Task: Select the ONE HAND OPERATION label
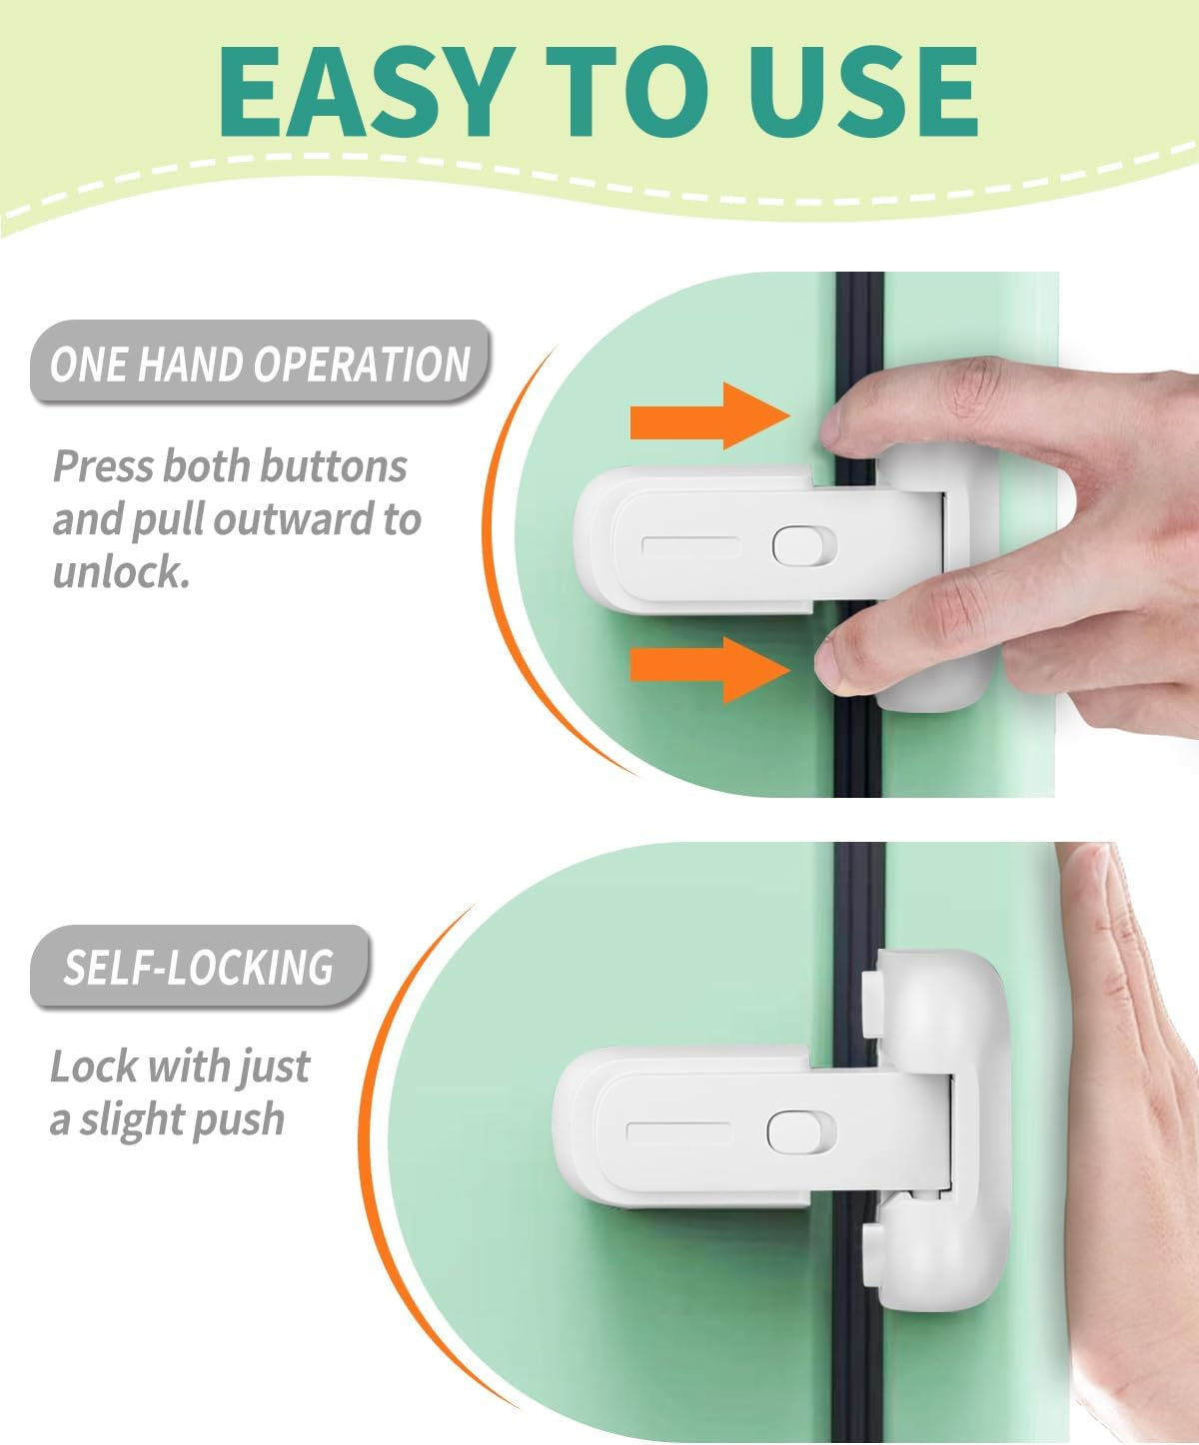pyautogui.click(x=260, y=363)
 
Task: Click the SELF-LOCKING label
pyautogui.click(x=199, y=968)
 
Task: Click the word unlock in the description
pyautogui.click(x=120, y=573)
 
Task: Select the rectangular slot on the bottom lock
pyautogui.click(x=677, y=1133)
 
